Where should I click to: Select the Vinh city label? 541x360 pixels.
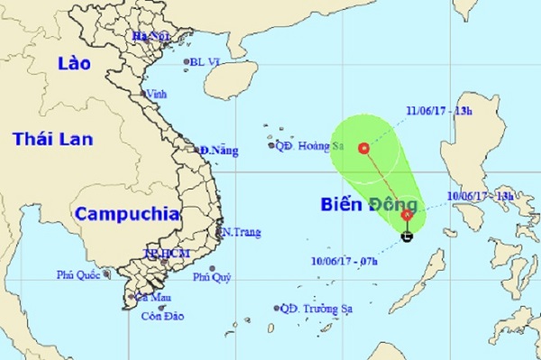coord(157,93)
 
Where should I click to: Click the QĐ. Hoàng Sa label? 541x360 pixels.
coord(309,143)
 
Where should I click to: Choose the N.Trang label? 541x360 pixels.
coord(241,232)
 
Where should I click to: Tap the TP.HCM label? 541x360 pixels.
coord(167,254)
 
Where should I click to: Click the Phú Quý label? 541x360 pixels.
coord(213,278)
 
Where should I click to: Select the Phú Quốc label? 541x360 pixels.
coord(80,275)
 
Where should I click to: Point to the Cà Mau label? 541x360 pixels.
coord(150,296)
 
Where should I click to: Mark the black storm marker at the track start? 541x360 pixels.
coord(408,237)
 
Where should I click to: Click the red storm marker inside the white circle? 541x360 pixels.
coord(364,148)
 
